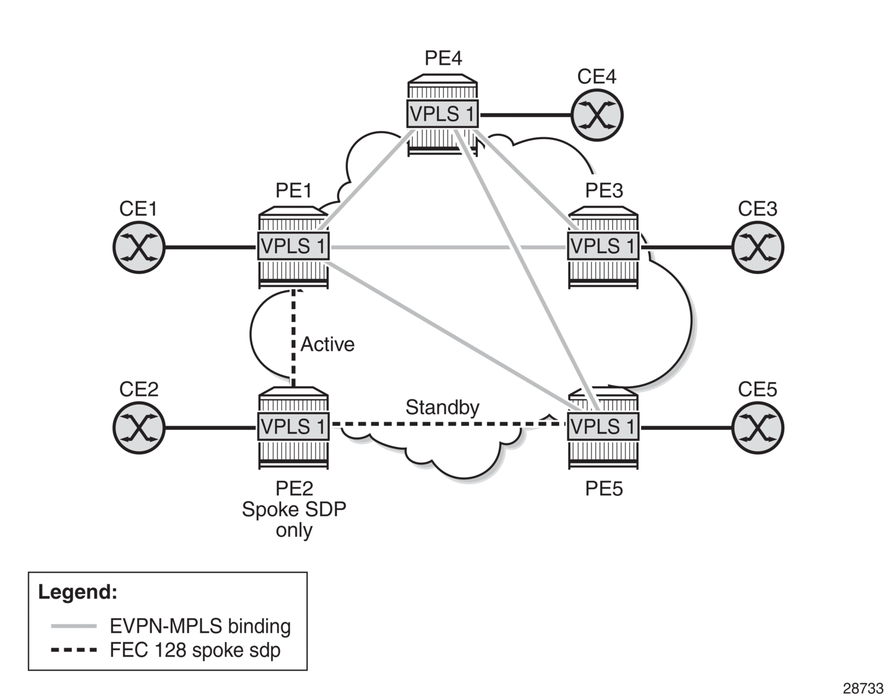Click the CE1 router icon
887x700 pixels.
(138, 247)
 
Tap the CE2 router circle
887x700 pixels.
(138, 427)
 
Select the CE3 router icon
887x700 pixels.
(757, 247)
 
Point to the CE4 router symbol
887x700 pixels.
(596, 115)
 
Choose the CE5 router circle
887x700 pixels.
(757, 427)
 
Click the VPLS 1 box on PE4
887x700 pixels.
(443, 114)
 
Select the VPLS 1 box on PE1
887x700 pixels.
(294, 247)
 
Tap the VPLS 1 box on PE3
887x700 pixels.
(603, 247)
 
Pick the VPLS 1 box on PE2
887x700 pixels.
(294, 427)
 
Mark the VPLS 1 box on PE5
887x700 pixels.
(603, 427)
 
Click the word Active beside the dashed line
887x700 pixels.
(328, 344)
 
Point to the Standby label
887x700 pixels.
(442, 408)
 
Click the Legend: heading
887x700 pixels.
(77, 592)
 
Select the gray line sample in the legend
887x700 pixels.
(74, 626)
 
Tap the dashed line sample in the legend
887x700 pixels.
(74, 650)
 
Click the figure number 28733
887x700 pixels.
(863, 688)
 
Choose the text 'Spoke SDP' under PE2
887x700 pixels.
(294, 510)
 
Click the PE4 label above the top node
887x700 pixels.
(443, 58)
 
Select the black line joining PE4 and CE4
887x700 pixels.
(525, 115)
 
